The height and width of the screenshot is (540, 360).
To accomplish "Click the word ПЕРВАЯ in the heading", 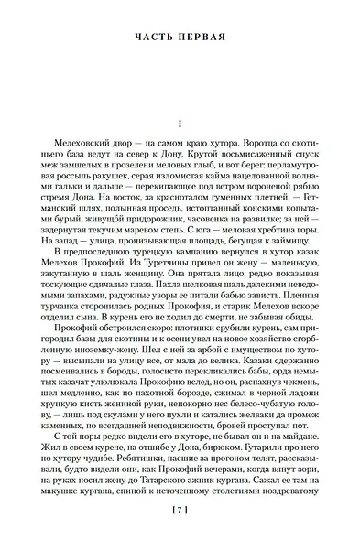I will [206, 38].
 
